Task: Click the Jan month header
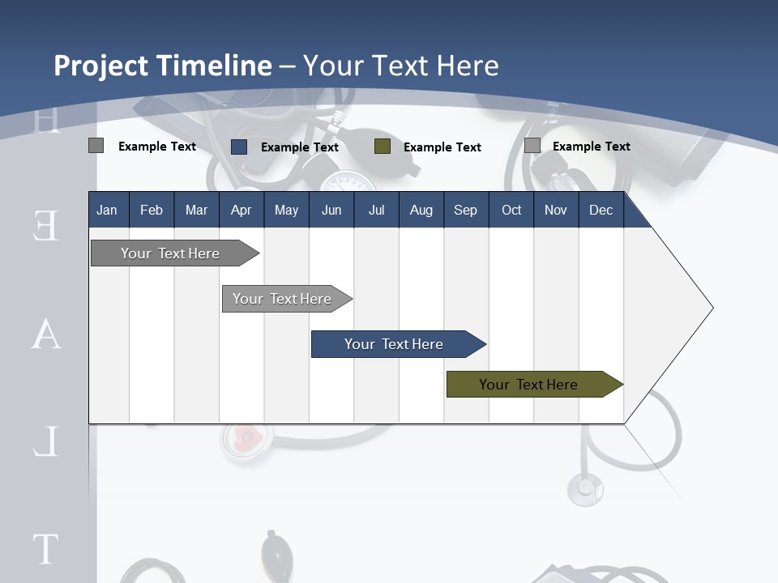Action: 107,210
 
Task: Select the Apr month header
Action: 241,210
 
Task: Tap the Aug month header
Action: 421,210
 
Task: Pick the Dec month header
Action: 601,210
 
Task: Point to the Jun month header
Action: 331,210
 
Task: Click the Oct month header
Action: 511,210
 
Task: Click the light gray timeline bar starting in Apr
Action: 284,299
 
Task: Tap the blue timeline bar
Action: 395,344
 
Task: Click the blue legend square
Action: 239,147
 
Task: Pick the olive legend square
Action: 383,147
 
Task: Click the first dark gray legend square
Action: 96,146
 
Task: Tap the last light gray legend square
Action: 532,146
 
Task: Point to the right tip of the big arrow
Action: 712,307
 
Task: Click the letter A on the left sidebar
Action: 46,334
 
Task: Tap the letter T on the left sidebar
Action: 45,548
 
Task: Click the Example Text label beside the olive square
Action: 442,147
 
